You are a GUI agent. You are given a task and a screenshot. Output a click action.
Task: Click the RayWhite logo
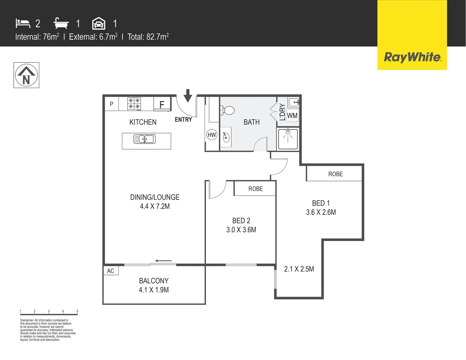point(412,57)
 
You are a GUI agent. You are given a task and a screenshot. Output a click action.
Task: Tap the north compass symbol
point(26,75)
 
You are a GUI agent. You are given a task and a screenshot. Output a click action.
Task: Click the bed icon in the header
point(23,23)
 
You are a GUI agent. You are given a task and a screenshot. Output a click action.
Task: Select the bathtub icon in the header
point(61,23)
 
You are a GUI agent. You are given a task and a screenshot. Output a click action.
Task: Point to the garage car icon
point(99,24)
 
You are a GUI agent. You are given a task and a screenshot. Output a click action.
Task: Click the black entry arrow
point(188,95)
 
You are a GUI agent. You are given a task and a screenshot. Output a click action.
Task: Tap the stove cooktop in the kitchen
point(134,104)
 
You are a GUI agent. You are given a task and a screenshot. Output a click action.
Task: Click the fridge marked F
point(162,104)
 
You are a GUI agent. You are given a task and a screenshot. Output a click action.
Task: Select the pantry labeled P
point(112,104)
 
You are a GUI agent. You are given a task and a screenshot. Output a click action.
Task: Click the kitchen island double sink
point(144,139)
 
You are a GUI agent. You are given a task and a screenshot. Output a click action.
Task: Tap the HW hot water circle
point(212,135)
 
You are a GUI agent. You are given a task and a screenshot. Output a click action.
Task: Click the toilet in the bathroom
point(228,110)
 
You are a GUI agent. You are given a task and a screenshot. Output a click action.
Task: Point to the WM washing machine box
point(292,116)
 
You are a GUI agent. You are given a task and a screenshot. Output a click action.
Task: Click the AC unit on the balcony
point(111,271)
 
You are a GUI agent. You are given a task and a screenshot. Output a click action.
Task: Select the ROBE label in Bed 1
point(335,174)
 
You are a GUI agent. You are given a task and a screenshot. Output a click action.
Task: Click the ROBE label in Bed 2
point(256,189)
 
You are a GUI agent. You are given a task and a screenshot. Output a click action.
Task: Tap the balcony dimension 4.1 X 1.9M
point(154,290)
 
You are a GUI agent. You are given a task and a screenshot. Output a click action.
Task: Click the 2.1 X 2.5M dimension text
point(299,269)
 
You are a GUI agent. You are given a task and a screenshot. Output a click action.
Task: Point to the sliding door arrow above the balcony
point(163,261)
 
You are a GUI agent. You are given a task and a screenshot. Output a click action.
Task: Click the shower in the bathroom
point(288,139)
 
